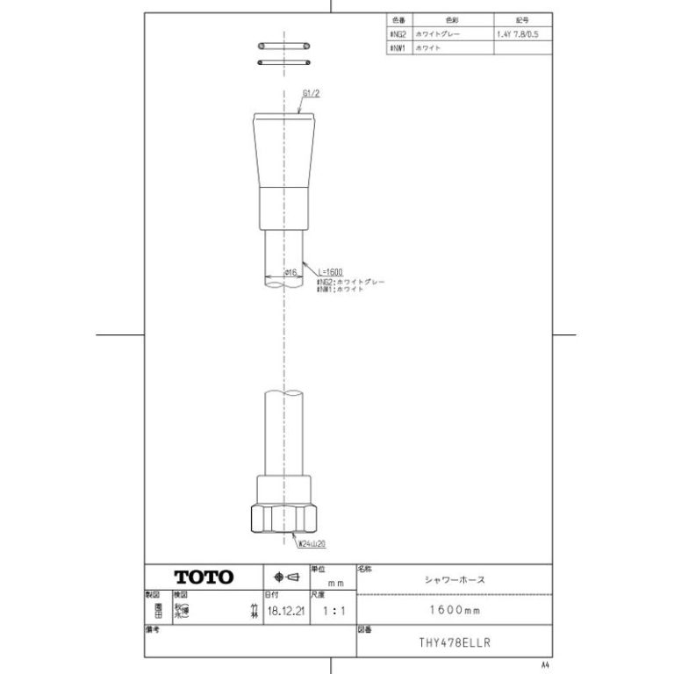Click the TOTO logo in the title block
(x=204, y=577)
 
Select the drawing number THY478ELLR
(x=455, y=642)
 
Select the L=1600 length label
(x=330, y=272)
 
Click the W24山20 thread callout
(x=312, y=544)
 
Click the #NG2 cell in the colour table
(x=396, y=33)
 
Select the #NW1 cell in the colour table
(x=396, y=49)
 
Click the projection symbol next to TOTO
(x=287, y=577)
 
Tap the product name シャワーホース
(x=455, y=579)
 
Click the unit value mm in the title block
(x=334, y=582)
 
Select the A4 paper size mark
(x=545, y=663)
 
